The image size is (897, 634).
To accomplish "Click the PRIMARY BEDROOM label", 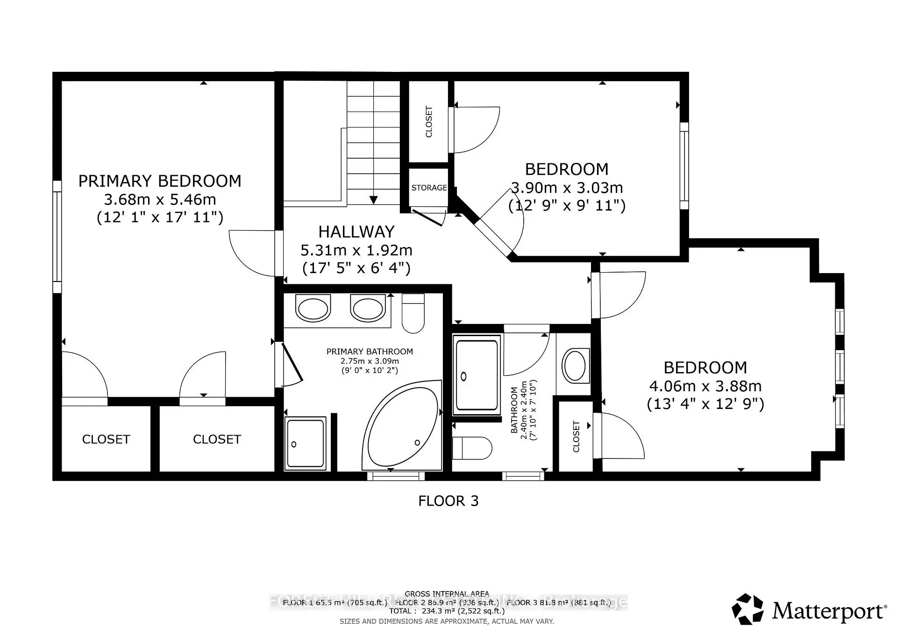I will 160,181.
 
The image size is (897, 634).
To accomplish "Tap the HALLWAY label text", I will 356,232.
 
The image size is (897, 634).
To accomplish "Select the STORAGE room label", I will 429,188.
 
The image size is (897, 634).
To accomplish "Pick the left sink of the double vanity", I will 313,309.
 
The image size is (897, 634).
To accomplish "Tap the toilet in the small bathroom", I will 472,448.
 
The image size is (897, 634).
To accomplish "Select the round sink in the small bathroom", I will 574,366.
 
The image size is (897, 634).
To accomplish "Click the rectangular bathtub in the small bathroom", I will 477,375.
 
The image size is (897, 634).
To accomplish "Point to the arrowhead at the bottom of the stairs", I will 373,200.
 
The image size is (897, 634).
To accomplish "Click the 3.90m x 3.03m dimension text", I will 567,188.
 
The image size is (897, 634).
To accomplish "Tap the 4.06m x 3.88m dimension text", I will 705,386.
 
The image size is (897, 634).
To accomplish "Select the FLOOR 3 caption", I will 448,501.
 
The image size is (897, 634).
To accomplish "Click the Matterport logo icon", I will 747,609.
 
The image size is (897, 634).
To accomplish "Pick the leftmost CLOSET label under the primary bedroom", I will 106,439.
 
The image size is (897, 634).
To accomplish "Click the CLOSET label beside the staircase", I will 429,122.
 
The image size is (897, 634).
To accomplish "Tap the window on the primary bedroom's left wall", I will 57,237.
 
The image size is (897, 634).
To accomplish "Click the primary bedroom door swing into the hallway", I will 252,253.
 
